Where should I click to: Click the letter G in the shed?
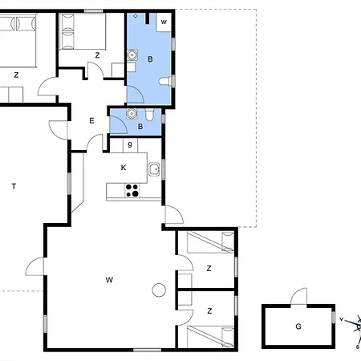click(298, 327)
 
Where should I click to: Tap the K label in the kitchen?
click(124, 168)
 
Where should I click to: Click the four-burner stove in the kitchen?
click(132, 190)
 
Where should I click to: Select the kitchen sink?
click(154, 169)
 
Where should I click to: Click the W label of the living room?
click(109, 280)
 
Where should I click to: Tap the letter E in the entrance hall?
click(91, 120)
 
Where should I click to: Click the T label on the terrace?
click(14, 186)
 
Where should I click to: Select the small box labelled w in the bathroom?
click(164, 22)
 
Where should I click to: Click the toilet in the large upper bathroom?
click(164, 81)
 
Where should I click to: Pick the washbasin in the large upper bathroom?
click(132, 55)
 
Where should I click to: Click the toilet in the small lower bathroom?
click(150, 115)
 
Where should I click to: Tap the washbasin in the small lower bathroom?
click(132, 114)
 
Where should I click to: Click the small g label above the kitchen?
click(130, 144)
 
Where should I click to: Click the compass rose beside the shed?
click(355, 327)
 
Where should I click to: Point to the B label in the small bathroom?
click(140, 127)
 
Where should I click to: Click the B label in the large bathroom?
click(150, 59)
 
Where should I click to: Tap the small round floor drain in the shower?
click(136, 16)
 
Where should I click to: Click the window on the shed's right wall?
click(334, 318)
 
